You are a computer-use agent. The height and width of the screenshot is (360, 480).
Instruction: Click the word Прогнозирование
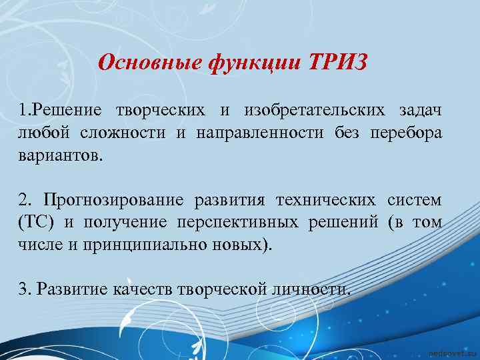(x=113, y=200)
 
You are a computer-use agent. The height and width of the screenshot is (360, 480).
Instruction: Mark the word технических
(x=327, y=200)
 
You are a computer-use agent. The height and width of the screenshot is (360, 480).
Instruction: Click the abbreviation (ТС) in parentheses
(x=35, y=222)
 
